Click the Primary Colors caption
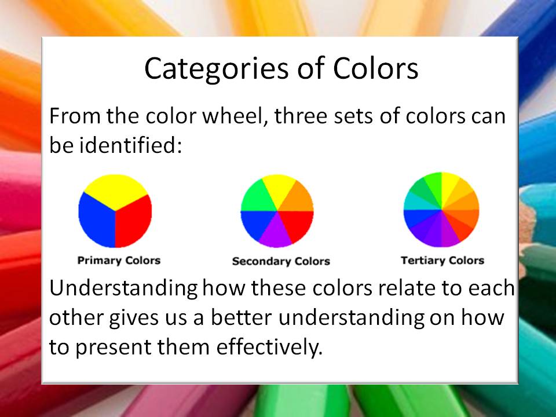[119, 260]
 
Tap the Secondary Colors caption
[280, 261]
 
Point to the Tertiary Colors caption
[442, 260]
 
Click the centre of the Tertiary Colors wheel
[441, 210]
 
